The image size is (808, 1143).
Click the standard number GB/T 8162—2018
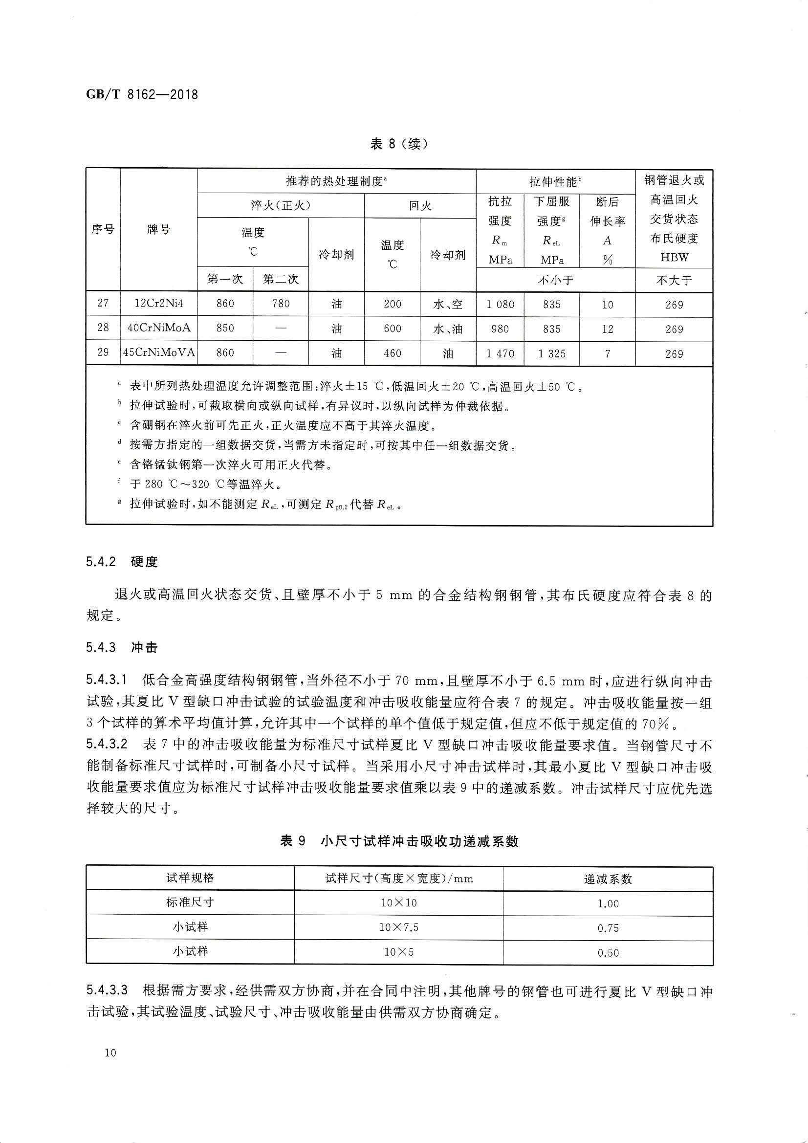tap(142, 94)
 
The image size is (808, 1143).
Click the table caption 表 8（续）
tap(399, 144)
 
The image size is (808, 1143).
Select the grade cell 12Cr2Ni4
tap(159, 303)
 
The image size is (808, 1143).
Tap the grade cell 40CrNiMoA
tap(159, 328)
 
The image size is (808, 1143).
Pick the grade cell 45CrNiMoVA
tap(159, 352)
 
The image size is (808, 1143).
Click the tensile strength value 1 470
tap(501, 353)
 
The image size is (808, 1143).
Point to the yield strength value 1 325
tap(551, 353)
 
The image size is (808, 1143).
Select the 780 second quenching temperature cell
tap(281, 303)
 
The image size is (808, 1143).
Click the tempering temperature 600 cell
tap(393, 329)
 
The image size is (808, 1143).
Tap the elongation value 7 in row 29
tap(608, 354)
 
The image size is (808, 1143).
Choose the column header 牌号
tap(159, 229)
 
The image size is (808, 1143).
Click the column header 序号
tap(103, 229)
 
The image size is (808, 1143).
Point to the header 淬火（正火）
tap(281, 206)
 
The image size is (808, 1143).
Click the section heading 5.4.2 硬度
tap(122, 562)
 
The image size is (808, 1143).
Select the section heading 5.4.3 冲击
tap(122, 647)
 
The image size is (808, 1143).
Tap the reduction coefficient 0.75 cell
tap(608, 928)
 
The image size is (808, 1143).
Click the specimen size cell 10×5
tap(399, 952)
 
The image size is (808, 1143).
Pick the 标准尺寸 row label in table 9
tap(190, 903)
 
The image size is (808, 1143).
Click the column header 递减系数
tap(608, 879)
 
